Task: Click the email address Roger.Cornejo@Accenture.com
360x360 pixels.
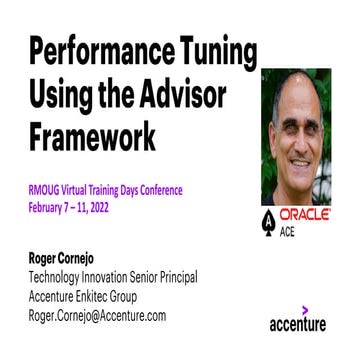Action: click(x=97, y=315)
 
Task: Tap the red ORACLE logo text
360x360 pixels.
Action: click(x=306, y=215)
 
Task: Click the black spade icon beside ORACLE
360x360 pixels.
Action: click(x=268, y=221)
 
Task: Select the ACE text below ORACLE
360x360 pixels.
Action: click(x=288, y=232)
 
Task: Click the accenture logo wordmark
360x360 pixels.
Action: click(x=298, y=324)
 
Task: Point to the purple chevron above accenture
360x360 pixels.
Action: click(x=305, y=308)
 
